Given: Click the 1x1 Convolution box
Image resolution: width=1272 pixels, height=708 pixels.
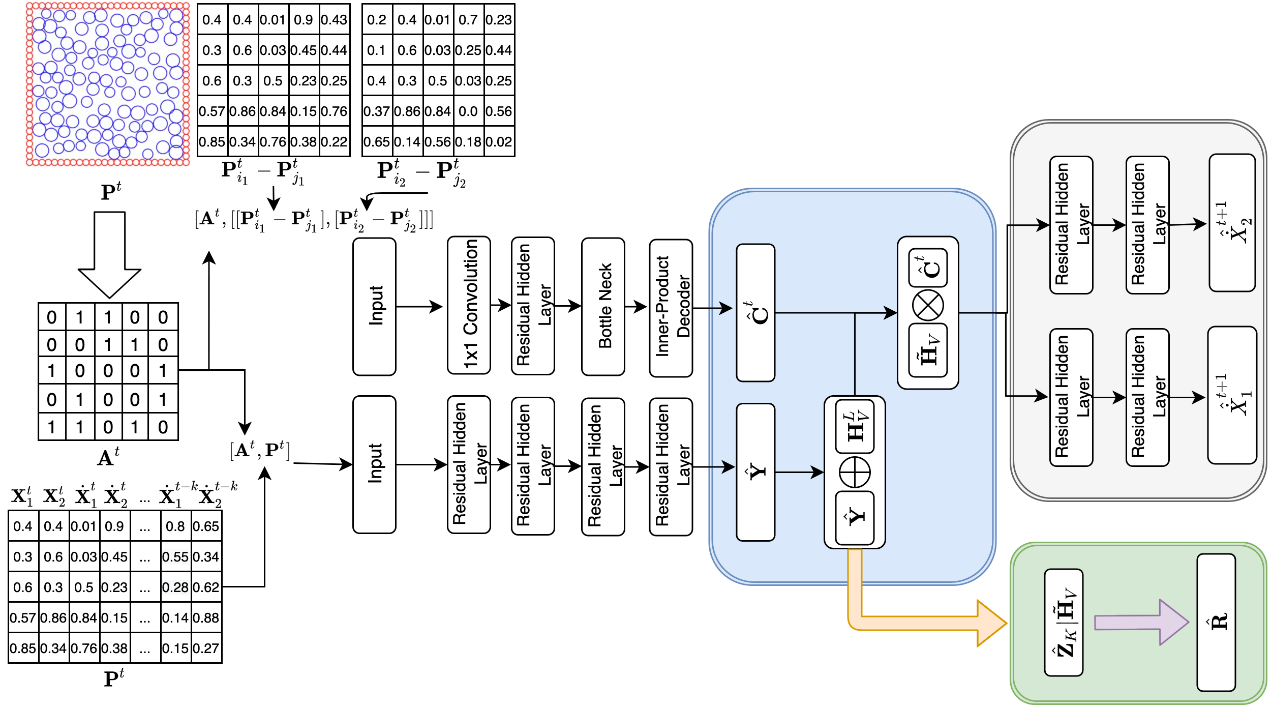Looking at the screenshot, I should coord(469,305).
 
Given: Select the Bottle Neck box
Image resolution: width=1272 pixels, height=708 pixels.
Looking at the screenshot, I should coord(603,306).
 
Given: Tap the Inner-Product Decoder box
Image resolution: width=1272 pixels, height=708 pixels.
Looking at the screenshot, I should coord(671,308).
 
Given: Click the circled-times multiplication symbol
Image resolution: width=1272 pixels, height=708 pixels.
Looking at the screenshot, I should coord(928,306).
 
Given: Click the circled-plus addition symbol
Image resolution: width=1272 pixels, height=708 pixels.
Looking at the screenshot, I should coord(855,472).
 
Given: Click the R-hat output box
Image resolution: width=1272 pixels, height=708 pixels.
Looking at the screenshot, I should coord(1216,623).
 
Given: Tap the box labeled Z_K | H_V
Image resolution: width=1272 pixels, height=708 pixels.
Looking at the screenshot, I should coord(1064,623).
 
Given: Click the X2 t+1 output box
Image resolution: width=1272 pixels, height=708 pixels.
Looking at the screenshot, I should coord(1232,223).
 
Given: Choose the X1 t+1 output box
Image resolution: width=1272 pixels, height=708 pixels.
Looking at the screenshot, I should coord(1232,395).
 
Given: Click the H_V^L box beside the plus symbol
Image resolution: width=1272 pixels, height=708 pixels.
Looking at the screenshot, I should coord(855,426).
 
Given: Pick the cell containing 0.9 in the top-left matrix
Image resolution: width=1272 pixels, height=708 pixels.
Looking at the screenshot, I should coord(304,20).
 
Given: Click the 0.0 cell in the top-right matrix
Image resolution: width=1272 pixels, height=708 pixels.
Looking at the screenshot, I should coord(468,111).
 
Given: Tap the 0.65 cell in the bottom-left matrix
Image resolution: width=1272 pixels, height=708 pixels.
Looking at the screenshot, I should coord(206,526).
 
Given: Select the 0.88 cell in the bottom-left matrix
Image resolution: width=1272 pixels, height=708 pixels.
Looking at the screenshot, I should coord(206,618).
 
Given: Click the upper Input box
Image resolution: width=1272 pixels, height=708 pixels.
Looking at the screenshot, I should coord(374,306).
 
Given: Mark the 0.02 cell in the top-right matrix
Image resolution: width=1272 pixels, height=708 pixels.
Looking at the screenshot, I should coord(499,142).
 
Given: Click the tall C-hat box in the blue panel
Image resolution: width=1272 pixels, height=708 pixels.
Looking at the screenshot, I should coord(755,313).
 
